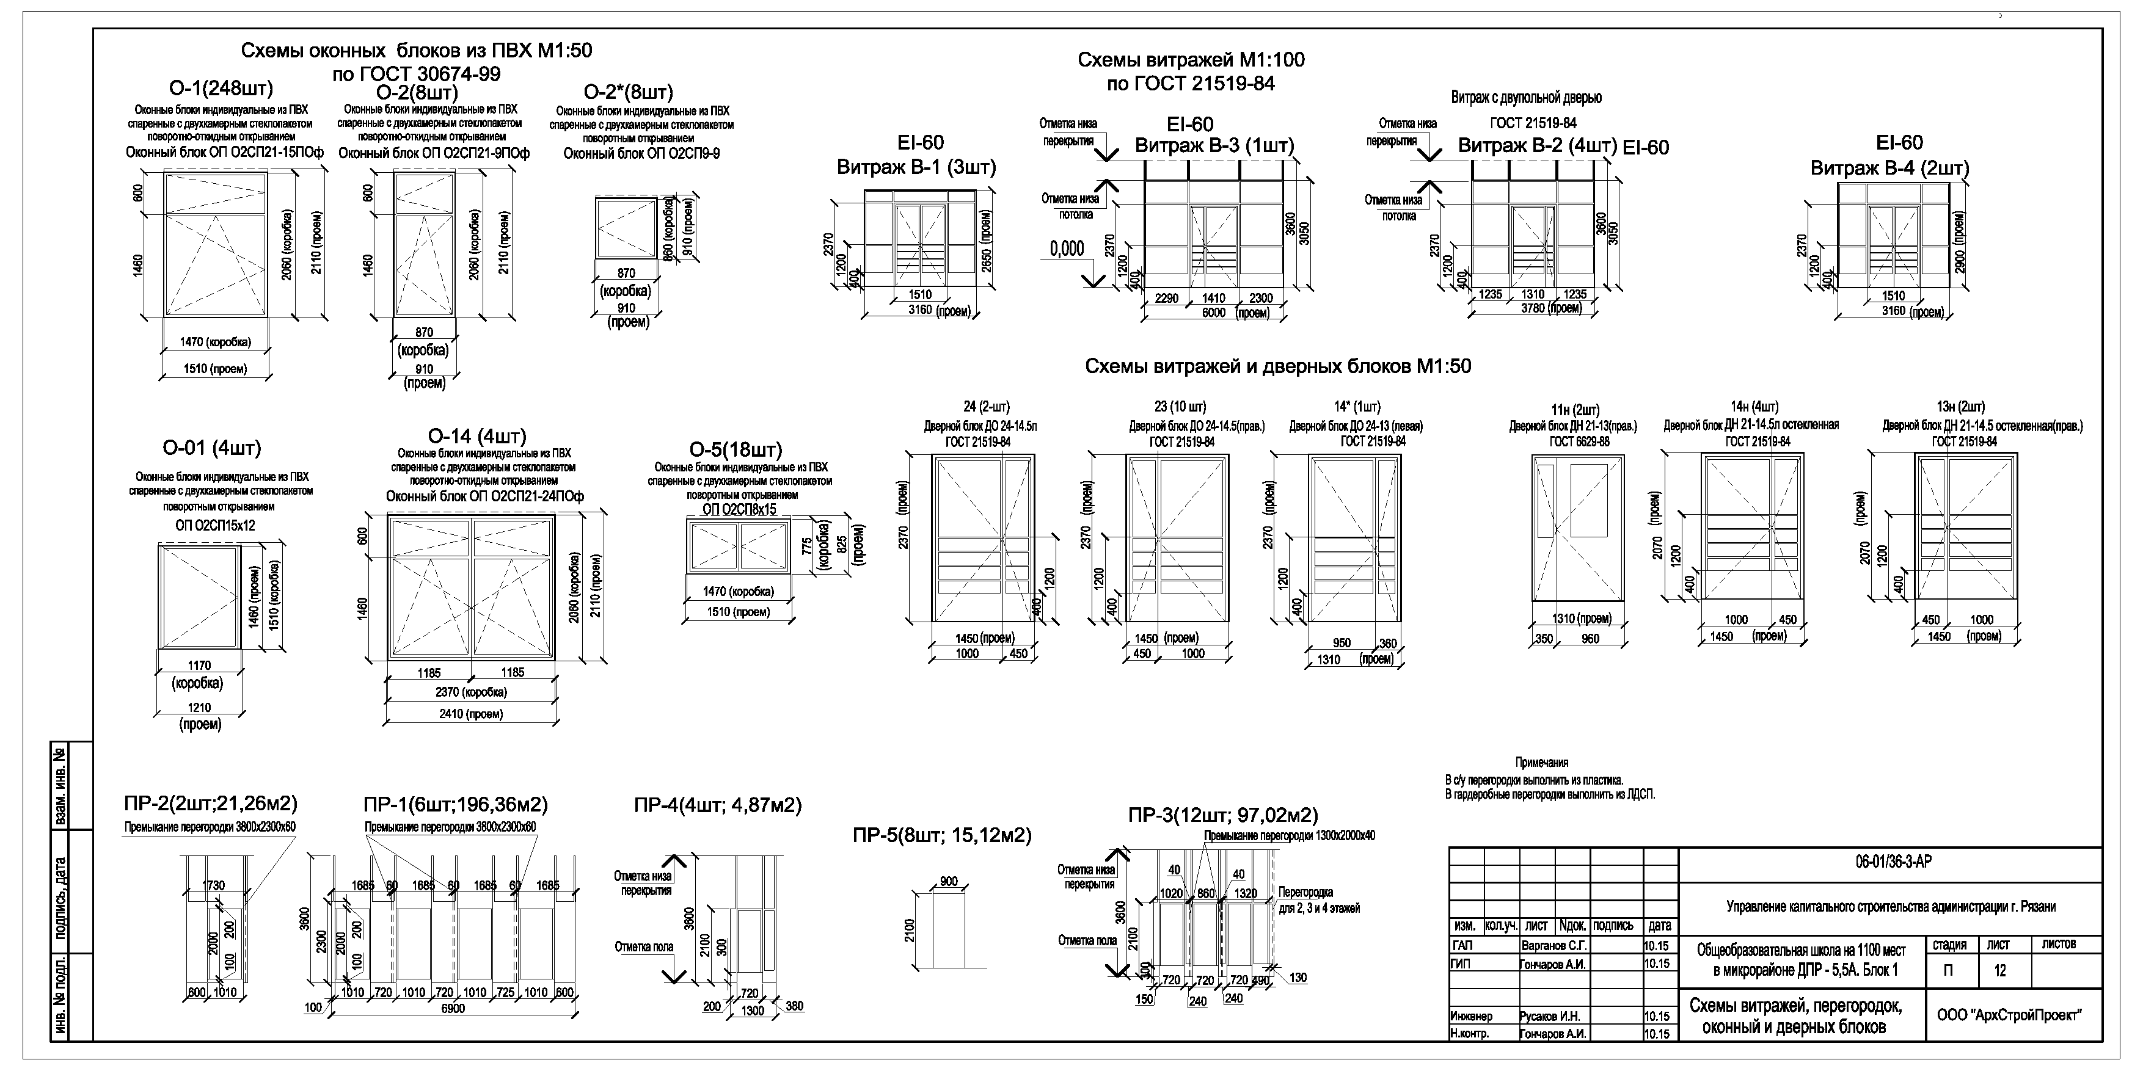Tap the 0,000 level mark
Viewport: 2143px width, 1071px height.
(x=1067, y=249)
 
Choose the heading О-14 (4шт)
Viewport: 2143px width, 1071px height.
(x=476, y=437)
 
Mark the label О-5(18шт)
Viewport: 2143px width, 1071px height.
(x=736, y=450)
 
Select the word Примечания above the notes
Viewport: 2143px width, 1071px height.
(x=1541, y=761)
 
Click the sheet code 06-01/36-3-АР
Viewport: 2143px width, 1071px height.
(x=1893, y=862)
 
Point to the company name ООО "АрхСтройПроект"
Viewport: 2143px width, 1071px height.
(x=2008, y=1015)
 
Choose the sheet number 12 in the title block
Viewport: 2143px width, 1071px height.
(x=2000, y=970)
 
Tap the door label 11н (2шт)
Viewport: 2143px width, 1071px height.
(x=1575, y=410)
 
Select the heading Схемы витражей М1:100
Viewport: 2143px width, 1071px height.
(x=1191, y=60)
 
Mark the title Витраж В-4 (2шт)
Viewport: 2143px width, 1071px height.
(x=1889, y=168)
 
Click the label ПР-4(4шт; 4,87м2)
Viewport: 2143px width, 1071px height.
(x=717, y=806)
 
